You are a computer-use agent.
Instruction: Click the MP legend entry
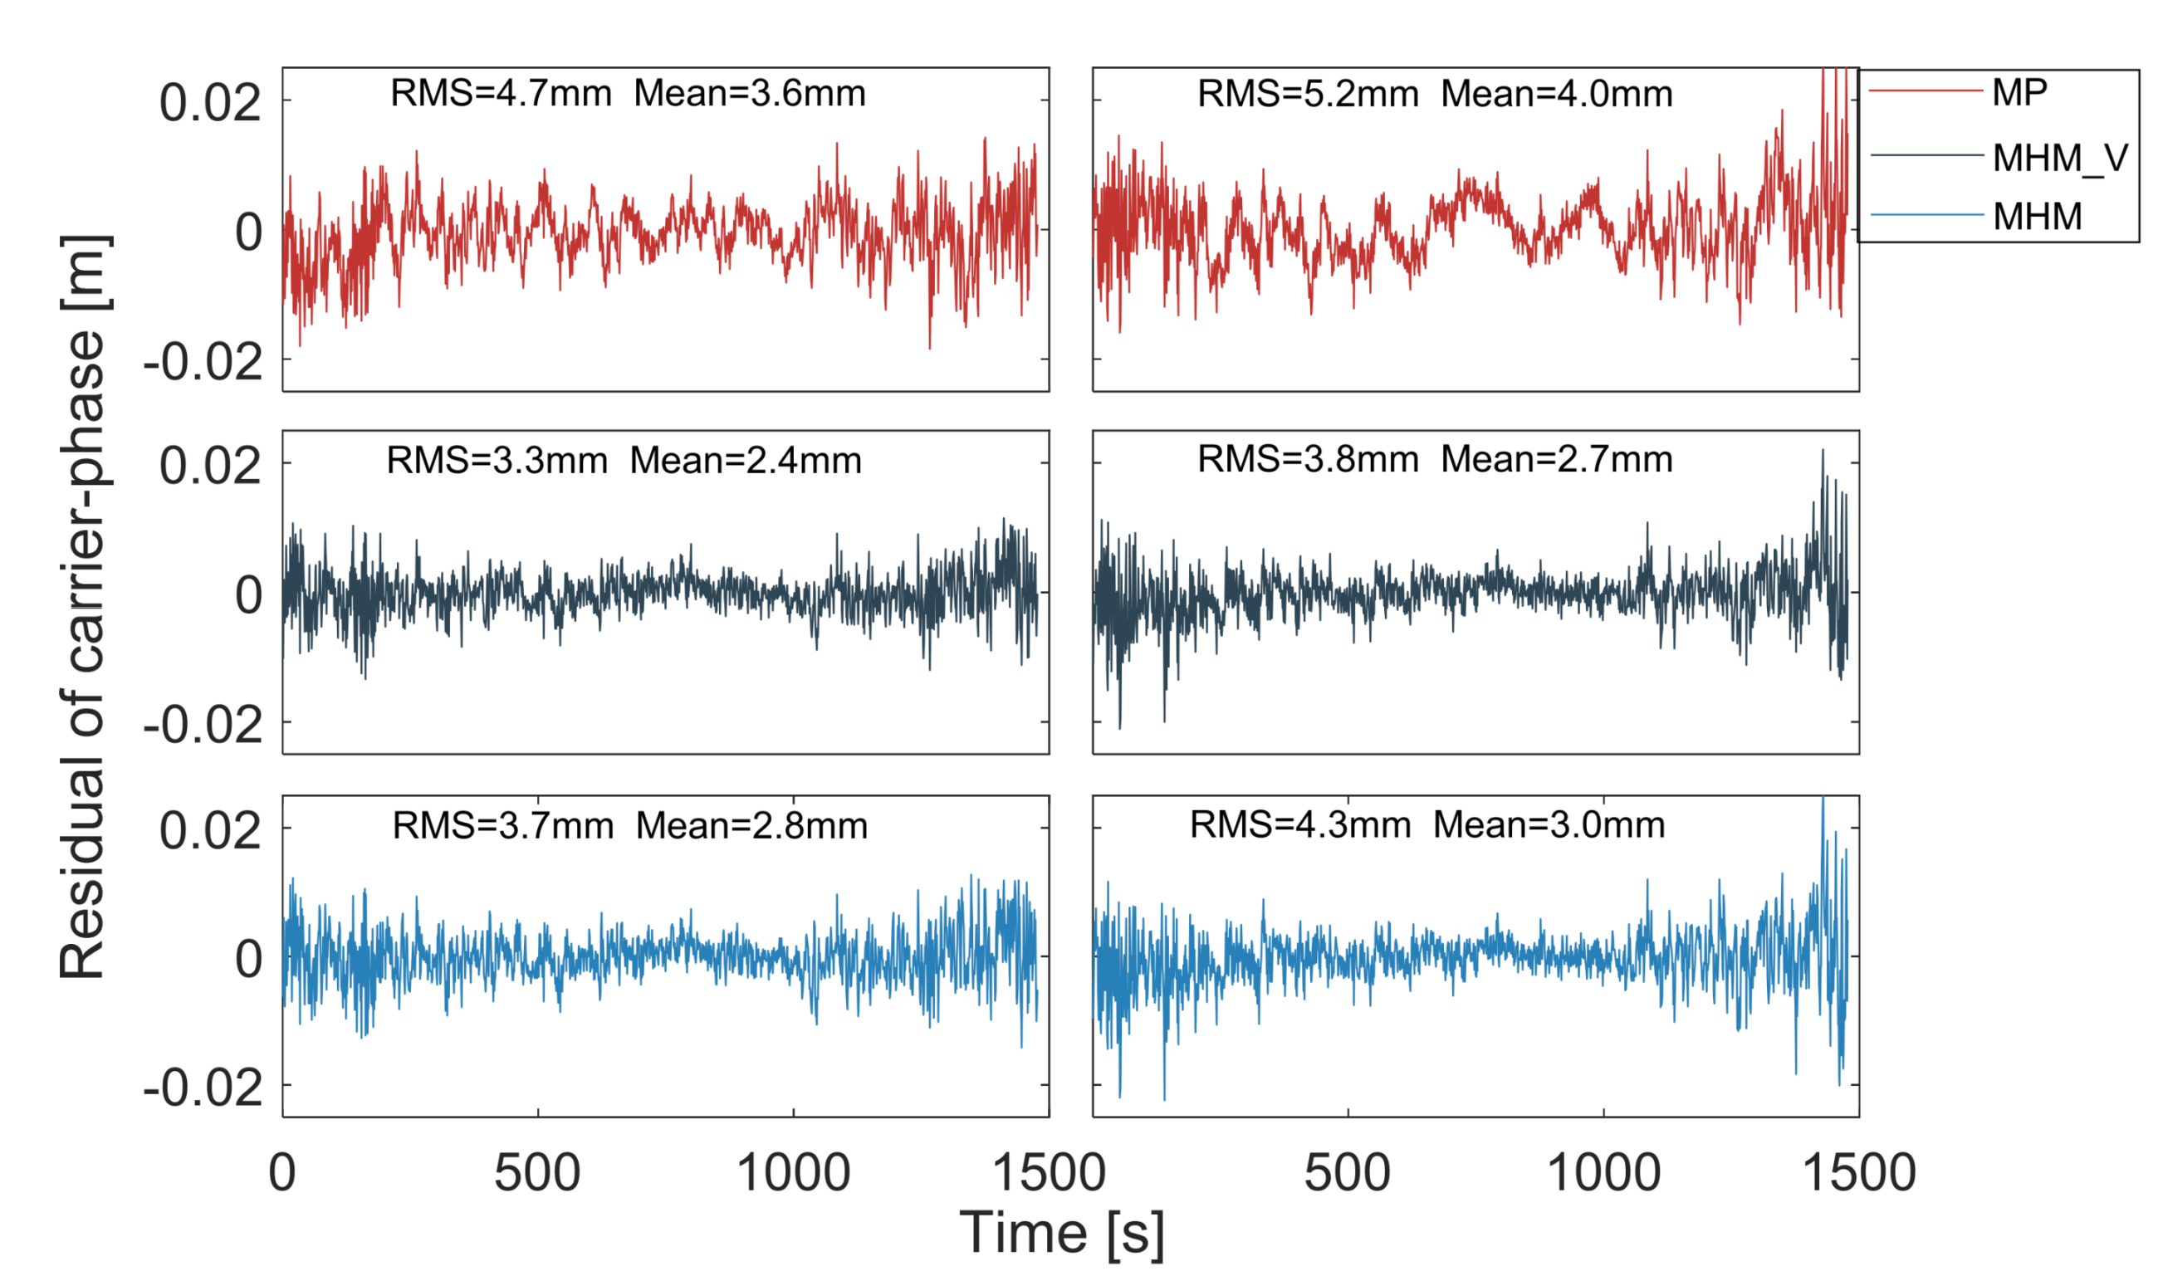point(2019,92)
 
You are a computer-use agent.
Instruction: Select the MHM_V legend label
point(2060,159)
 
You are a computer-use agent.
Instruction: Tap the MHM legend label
point(2037,217)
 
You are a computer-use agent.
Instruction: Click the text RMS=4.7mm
point(501,93)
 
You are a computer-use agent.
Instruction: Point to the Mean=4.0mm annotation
point(1556,94)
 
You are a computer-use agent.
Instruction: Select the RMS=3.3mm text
point(497,461)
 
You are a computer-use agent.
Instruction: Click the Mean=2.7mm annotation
point(1556,459)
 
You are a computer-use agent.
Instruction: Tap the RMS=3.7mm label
point(502,827)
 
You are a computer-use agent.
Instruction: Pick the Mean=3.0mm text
point(1549,825)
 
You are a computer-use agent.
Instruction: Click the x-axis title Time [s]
point(1062,1233)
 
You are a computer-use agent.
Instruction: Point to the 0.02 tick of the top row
point(210,103)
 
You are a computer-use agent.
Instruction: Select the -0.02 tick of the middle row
point(203,725)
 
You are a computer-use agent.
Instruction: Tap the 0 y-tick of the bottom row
point(248,959)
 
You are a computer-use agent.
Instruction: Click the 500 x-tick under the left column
point(537,1173)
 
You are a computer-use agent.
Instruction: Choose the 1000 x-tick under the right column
point(1603,1173)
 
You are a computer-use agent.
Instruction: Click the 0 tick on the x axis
point(282,1173)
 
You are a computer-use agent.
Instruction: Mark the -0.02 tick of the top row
point(203,362)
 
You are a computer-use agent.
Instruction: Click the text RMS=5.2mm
point(1308,94)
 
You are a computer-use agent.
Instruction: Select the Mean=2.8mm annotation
point(751,827)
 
